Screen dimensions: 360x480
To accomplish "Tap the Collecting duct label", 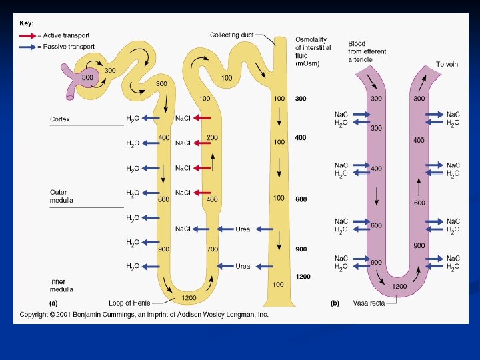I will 231,35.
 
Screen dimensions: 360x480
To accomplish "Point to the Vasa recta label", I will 367,303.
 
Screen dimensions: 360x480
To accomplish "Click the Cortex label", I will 60,119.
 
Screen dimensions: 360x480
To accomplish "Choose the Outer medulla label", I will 62,196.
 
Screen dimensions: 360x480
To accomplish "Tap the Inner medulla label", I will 62,285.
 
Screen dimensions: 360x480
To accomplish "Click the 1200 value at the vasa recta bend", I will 399,286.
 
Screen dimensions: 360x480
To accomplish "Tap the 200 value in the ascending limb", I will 212,137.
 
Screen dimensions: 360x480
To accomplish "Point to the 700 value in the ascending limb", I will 212,249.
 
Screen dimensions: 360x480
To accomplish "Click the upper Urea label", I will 243,229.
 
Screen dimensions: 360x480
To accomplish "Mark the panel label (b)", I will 335,303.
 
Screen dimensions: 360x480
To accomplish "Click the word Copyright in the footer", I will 35,315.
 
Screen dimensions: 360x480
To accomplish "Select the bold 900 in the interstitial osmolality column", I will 301,249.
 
